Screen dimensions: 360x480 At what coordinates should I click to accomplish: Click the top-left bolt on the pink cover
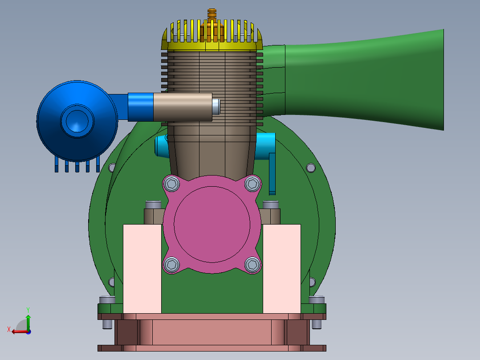(x=171, y=184)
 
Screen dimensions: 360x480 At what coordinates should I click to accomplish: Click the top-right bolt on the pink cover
(x=252, y=183)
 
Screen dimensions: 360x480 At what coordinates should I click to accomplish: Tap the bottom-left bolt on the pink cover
(x=171, y=265)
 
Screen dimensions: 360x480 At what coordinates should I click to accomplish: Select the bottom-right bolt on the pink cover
(x=252, y=265)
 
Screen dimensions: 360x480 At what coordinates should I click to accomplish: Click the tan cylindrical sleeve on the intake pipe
(x=183, y=107)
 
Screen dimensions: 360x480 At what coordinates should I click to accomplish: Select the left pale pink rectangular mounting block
(x=142, y=268)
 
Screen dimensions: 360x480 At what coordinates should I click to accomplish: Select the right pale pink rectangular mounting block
(x=282, y=268)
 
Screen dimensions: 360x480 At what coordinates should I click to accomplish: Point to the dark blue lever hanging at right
(x=272, y=174)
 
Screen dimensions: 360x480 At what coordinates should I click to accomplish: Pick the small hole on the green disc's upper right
(x=311, y=168)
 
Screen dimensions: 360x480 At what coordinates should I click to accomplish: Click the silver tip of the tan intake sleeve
(x=216, y=107)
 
